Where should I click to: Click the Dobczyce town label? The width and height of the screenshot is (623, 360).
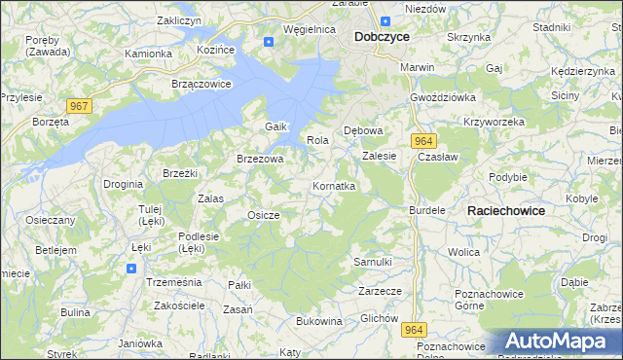pyautogui.click(x=382, y=36)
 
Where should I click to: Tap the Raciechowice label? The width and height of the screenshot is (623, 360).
pyautogui.click(x=506, y=210)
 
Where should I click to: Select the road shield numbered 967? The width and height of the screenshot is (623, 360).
pyautogui.click(x=80, y=105)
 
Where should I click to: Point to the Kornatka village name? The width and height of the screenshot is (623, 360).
pyautogui.click(x=334, y=185)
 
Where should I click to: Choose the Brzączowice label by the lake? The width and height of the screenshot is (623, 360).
pyautogui.click(x=201, y=84)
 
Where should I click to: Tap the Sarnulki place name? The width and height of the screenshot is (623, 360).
pyautogui.click(x=373, y=262)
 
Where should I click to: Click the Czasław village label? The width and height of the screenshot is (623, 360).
pyautogui.click(x=436, y=156)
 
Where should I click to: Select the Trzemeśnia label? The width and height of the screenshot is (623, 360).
pyautogui.click(x=172, y=280)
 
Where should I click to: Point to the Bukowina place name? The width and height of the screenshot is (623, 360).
pyautogui.click(x=319, y=320)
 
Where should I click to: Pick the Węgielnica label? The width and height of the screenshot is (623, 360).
pyautogui.click(x=309, y=30)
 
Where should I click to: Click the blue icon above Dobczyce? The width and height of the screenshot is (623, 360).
pyautogui.click(x=385, y=20)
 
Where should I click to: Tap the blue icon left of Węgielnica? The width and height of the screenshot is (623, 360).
pyautogui.click(x=269, y=41)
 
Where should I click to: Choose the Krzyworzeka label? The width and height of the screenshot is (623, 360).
pyautogui.click(x=495, y=122)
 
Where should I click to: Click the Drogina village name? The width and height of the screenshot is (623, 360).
pyautogui.click(x=124, y=183)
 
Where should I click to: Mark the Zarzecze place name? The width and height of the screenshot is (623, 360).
pyautogui.click(x=380, y=291)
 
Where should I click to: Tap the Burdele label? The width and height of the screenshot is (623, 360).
pyautogui.click(x=427, y=209)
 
